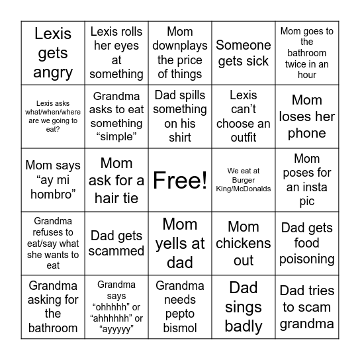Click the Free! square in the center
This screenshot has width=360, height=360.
click(180, 180)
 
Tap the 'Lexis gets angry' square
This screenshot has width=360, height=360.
click(53, 53)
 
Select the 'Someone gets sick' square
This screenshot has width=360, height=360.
click(244, 53)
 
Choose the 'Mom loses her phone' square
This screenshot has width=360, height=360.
click(307, 116)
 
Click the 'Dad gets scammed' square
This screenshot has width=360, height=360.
click(116, 243)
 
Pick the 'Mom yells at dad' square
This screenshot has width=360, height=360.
click(180, 243)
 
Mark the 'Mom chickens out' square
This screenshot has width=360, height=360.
click(244, 243)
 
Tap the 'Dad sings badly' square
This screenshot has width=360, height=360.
click(244, 306)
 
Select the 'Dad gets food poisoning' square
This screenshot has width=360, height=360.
click(307, 243)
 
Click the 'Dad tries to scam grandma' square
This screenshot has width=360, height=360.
click(307, 306)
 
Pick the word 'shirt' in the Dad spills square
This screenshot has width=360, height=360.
click(180, 138)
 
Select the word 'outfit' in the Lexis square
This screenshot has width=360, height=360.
click(244, 138)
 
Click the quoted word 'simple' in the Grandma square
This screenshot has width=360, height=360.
click(116, 138)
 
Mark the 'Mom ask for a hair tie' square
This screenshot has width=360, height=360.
click(116, 180)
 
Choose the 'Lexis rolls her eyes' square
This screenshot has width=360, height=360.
click(116, 53)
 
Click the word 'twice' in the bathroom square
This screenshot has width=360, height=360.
click(294, 64)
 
